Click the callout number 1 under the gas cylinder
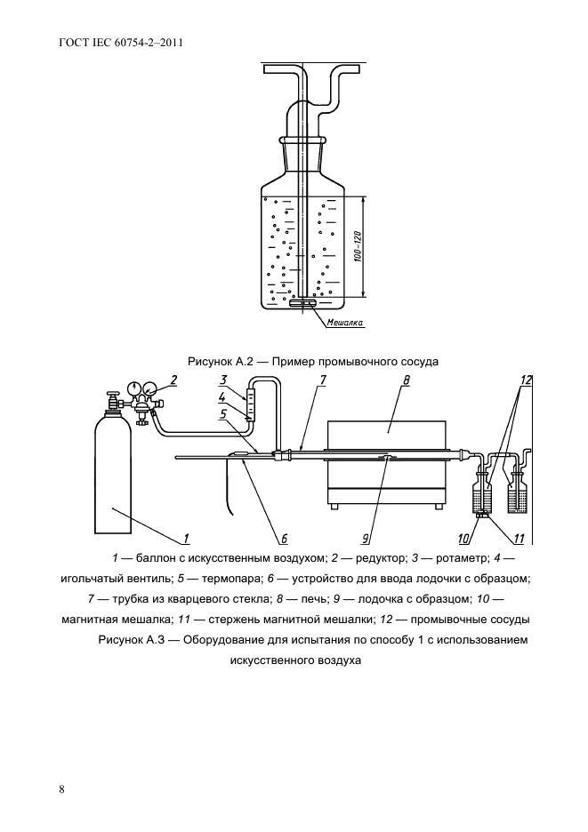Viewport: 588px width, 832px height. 188,537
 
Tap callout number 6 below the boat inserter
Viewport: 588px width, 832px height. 284,537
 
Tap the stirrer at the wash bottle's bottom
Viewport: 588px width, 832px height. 303,304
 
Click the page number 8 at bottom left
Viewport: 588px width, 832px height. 60,788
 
